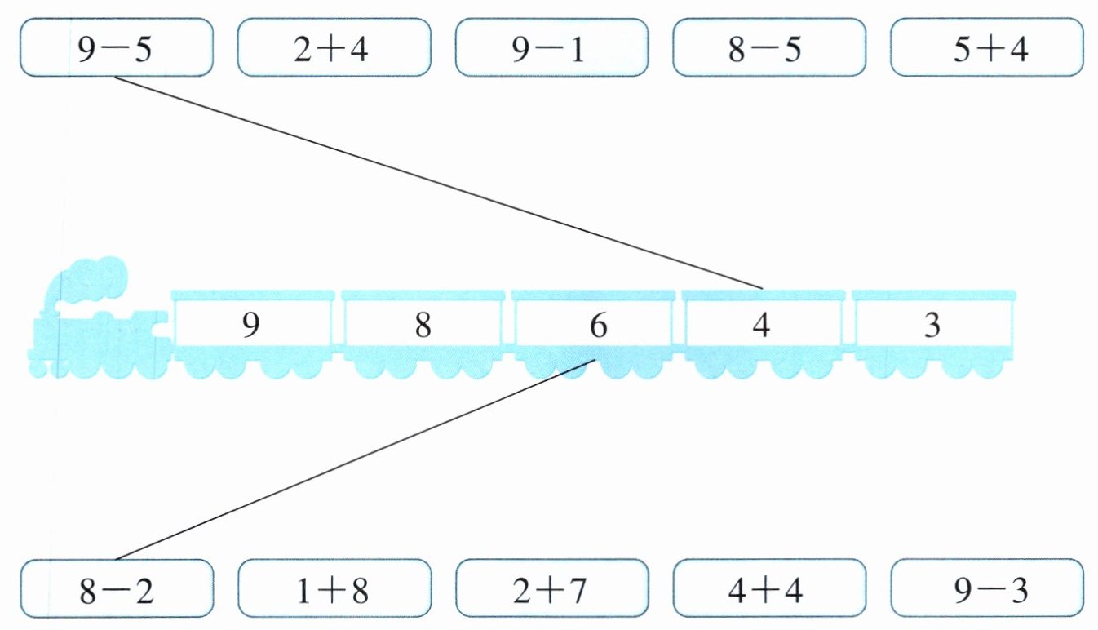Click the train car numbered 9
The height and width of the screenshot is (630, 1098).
252,326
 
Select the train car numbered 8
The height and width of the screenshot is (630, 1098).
422,326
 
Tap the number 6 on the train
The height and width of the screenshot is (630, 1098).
598,326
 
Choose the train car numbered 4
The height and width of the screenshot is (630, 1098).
761,326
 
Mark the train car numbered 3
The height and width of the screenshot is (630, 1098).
932,326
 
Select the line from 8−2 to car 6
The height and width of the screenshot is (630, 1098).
351,461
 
